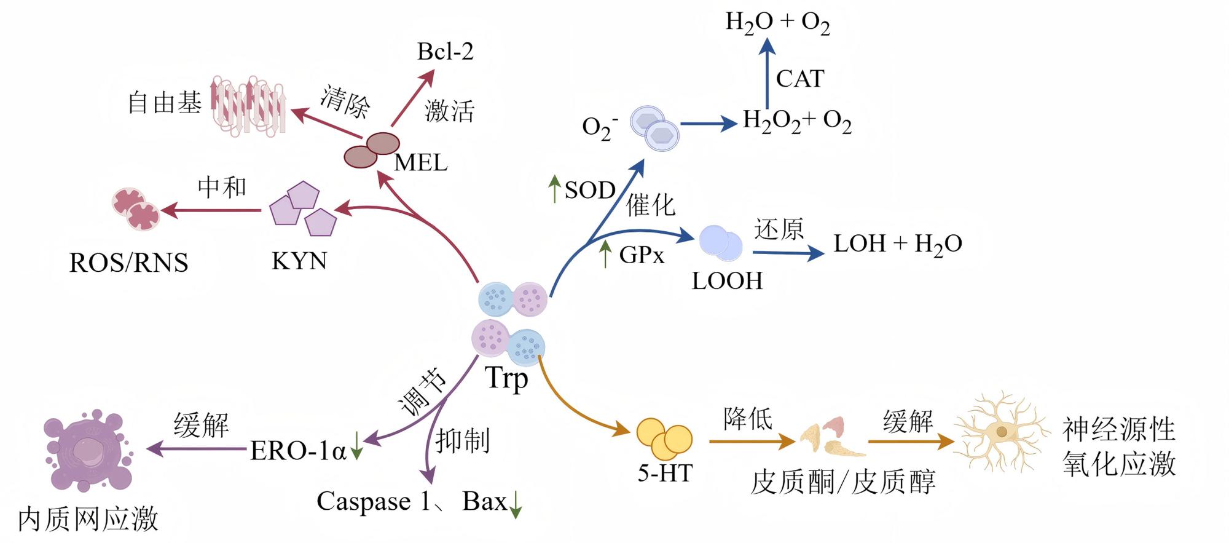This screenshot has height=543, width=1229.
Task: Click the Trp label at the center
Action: tap(506, 378)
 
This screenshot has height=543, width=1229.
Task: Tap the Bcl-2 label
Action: tap(446, 52)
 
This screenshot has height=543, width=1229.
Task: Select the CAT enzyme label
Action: tap(799, 79)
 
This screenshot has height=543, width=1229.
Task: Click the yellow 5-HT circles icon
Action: tap(664, 438)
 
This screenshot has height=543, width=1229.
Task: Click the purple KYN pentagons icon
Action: tap(304, 208)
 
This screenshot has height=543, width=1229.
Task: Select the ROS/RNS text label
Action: tap(128, 263)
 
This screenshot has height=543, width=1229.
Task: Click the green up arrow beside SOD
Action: tap(554, 188)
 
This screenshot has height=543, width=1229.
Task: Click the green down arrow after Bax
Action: tap(516, 504)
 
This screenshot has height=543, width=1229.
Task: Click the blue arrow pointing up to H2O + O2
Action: tap(766, 73)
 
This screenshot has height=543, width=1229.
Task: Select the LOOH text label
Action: tap(727, 281)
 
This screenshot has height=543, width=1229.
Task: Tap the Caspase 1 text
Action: tap(373, 501)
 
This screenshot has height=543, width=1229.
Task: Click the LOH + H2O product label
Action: tap(898, 244)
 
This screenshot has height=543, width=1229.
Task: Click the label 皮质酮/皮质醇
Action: tap(843, 482)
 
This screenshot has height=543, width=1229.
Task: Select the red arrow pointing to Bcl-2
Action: tap(413, 98)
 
